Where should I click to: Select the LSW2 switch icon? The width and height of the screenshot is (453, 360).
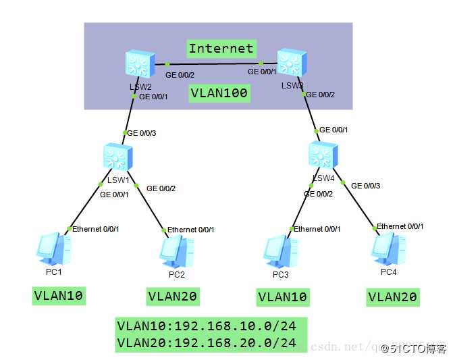point(140,65)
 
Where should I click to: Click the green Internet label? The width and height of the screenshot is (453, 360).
point(221,48)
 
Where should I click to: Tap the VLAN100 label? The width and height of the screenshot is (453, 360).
point(219,93)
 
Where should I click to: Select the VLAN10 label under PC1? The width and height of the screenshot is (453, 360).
point(60,295)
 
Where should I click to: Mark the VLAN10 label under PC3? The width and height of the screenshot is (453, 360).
point(282,297)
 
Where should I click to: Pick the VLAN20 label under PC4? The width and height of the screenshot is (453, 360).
point(392,297)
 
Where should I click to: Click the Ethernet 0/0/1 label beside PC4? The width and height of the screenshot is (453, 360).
point(400,226)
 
